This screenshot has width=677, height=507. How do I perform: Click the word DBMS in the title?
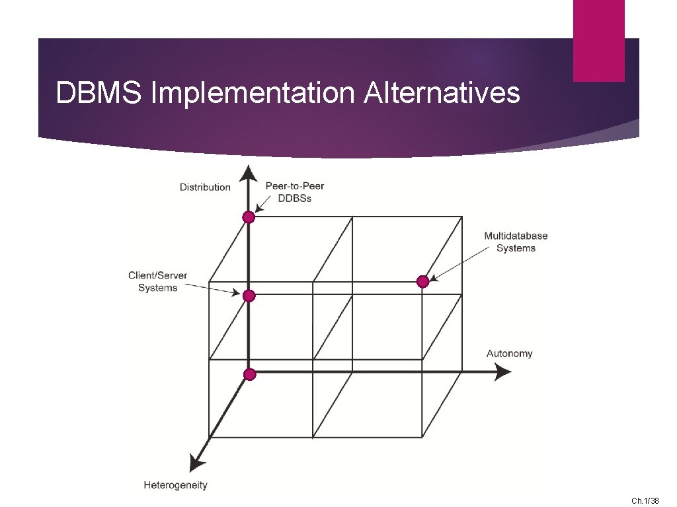point(98,93)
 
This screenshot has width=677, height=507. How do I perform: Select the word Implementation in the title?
point(253,93)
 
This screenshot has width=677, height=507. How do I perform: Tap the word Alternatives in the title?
point(441,93)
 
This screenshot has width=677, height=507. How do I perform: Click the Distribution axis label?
point(205,187)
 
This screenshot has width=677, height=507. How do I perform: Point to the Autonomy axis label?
point(509,354)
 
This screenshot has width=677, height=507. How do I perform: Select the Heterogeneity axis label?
point(175,485)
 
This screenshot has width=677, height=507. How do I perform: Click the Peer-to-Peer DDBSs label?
point(295,192)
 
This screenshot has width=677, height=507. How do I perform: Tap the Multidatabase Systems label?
point(516,242)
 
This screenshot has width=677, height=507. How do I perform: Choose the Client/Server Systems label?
point(158,282)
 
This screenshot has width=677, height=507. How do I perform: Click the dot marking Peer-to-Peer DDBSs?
point(249,217)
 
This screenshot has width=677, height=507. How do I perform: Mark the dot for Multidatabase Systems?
point(423,282)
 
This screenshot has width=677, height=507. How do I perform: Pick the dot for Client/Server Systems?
point(249,296)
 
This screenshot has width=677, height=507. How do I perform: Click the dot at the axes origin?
point(249,374)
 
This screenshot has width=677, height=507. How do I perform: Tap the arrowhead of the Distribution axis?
point(248,173)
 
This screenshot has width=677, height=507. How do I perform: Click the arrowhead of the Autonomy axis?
point(502,372)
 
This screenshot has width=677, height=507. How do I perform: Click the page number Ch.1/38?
point(645,501)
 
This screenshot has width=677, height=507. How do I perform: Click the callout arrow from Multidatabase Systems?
point(456,265)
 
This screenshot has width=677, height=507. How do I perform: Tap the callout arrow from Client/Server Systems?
point(212,288)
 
